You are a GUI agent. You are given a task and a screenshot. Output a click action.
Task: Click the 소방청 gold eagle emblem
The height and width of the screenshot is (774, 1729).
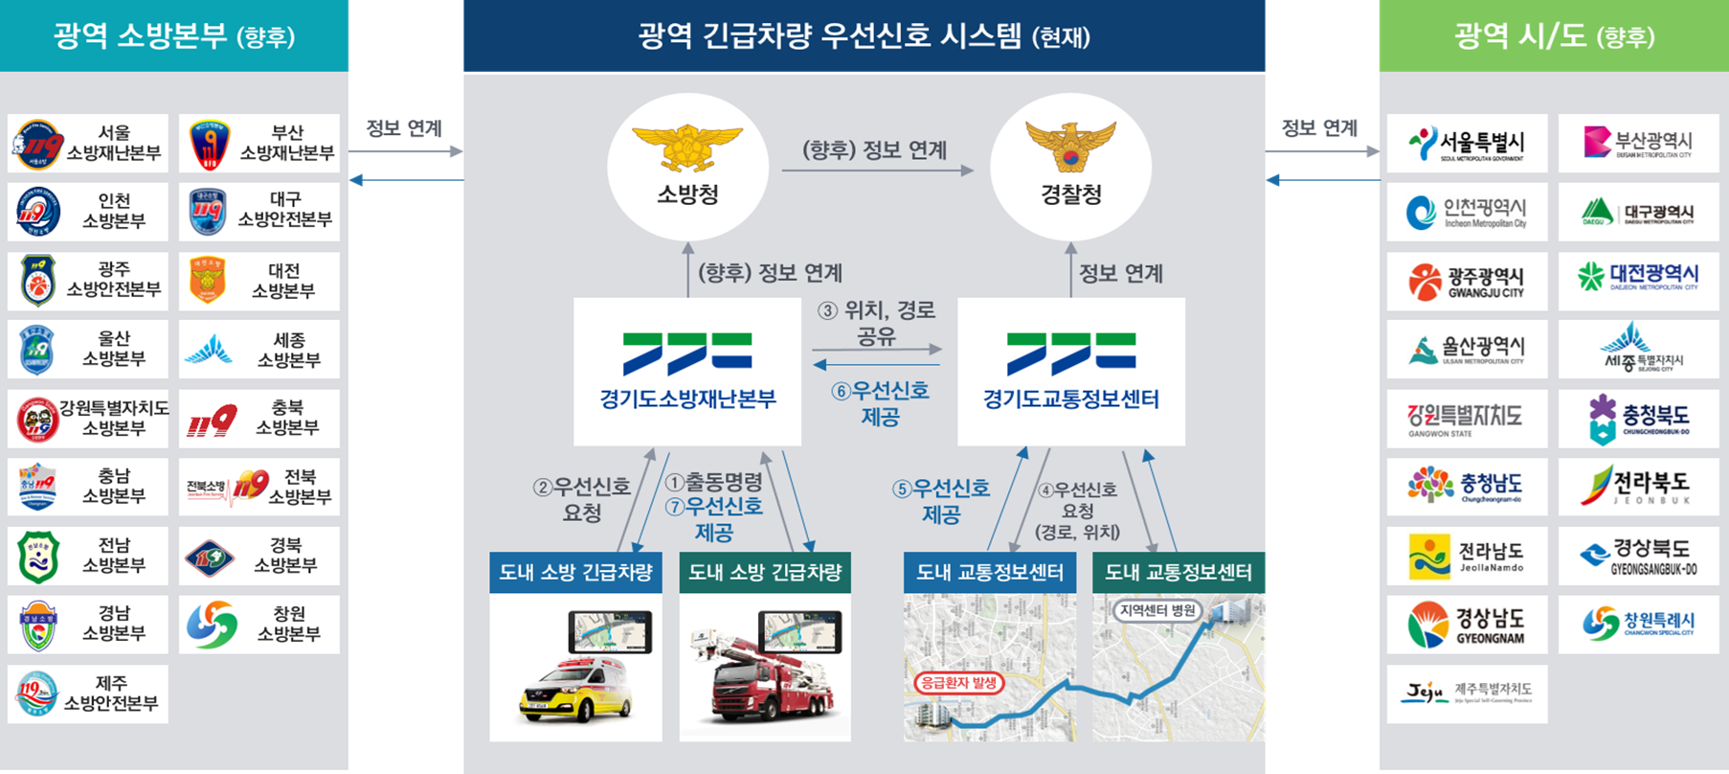click(x=686, y=147)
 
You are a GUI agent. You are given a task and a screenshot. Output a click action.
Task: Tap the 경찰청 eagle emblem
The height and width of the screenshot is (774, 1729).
click(x=1070, y=145)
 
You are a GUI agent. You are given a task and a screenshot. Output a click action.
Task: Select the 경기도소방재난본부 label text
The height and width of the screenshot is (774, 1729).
click(x=687, y=399)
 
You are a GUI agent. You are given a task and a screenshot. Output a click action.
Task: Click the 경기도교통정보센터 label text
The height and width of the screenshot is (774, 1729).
click(x=1070, y=399)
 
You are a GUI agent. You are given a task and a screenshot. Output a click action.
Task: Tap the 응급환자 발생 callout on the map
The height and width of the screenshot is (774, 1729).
click(x=958, y=683)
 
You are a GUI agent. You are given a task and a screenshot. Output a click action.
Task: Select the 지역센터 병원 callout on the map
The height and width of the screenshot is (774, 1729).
click(x=1157, y=610)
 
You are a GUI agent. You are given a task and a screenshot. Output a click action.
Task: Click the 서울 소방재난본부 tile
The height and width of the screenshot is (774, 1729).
click(x=88, y=144)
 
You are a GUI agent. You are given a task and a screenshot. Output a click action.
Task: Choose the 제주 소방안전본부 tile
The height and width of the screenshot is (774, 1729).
click(x=88, y=694)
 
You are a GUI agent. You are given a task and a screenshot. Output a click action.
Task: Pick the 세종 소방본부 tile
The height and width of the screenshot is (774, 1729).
click(x=258, y=350)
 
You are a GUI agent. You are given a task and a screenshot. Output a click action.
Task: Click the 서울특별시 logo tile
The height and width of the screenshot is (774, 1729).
click(x=1467, y=144)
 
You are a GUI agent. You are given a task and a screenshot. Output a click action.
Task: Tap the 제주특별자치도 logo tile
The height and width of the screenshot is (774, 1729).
click(x=1467, y=694)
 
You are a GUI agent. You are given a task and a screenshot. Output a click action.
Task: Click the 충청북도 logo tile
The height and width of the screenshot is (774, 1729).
click(x=1638, y=419)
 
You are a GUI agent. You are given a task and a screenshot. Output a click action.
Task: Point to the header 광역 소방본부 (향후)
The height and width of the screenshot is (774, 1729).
click(x=174, y=36)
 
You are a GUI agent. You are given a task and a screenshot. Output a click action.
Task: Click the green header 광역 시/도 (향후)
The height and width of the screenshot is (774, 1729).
click(x=1554, y=36)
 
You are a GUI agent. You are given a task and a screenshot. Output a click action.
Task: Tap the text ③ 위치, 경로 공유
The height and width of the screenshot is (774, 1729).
click(x=876, y=322)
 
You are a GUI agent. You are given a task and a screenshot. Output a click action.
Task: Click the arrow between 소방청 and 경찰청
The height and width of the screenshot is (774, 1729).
click(x=877, y=171)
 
